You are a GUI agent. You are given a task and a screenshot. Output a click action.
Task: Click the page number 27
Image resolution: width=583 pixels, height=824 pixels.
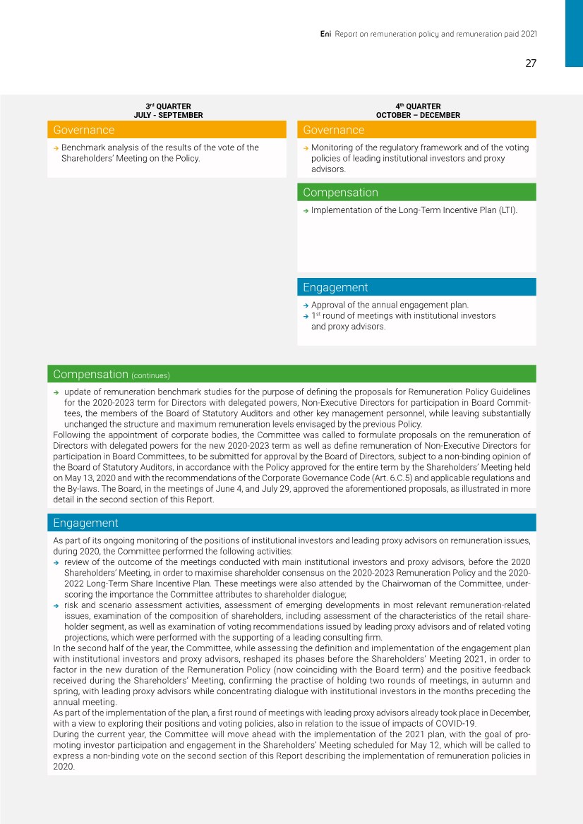coord(531,63)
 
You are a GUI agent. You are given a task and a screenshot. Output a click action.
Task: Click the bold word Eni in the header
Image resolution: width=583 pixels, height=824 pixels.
coord(326,33)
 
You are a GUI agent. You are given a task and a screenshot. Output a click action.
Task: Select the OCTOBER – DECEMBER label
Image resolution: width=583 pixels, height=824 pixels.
coord(418,115)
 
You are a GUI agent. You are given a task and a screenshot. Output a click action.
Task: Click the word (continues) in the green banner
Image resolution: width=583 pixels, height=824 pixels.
coord(151,375)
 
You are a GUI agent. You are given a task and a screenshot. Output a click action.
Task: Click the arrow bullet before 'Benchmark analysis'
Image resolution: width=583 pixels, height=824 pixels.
coord(56,148)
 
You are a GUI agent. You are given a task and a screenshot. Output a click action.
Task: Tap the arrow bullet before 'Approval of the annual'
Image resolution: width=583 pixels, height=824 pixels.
coord(306,305)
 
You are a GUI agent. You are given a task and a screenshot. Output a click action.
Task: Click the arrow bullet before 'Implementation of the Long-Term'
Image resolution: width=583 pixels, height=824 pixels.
coord(306,210)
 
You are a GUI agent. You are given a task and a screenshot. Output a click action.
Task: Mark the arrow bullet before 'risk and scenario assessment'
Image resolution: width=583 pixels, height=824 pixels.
coord(56,606)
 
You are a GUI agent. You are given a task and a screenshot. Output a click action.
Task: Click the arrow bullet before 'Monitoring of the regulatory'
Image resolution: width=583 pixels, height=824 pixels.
coord(306,148)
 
